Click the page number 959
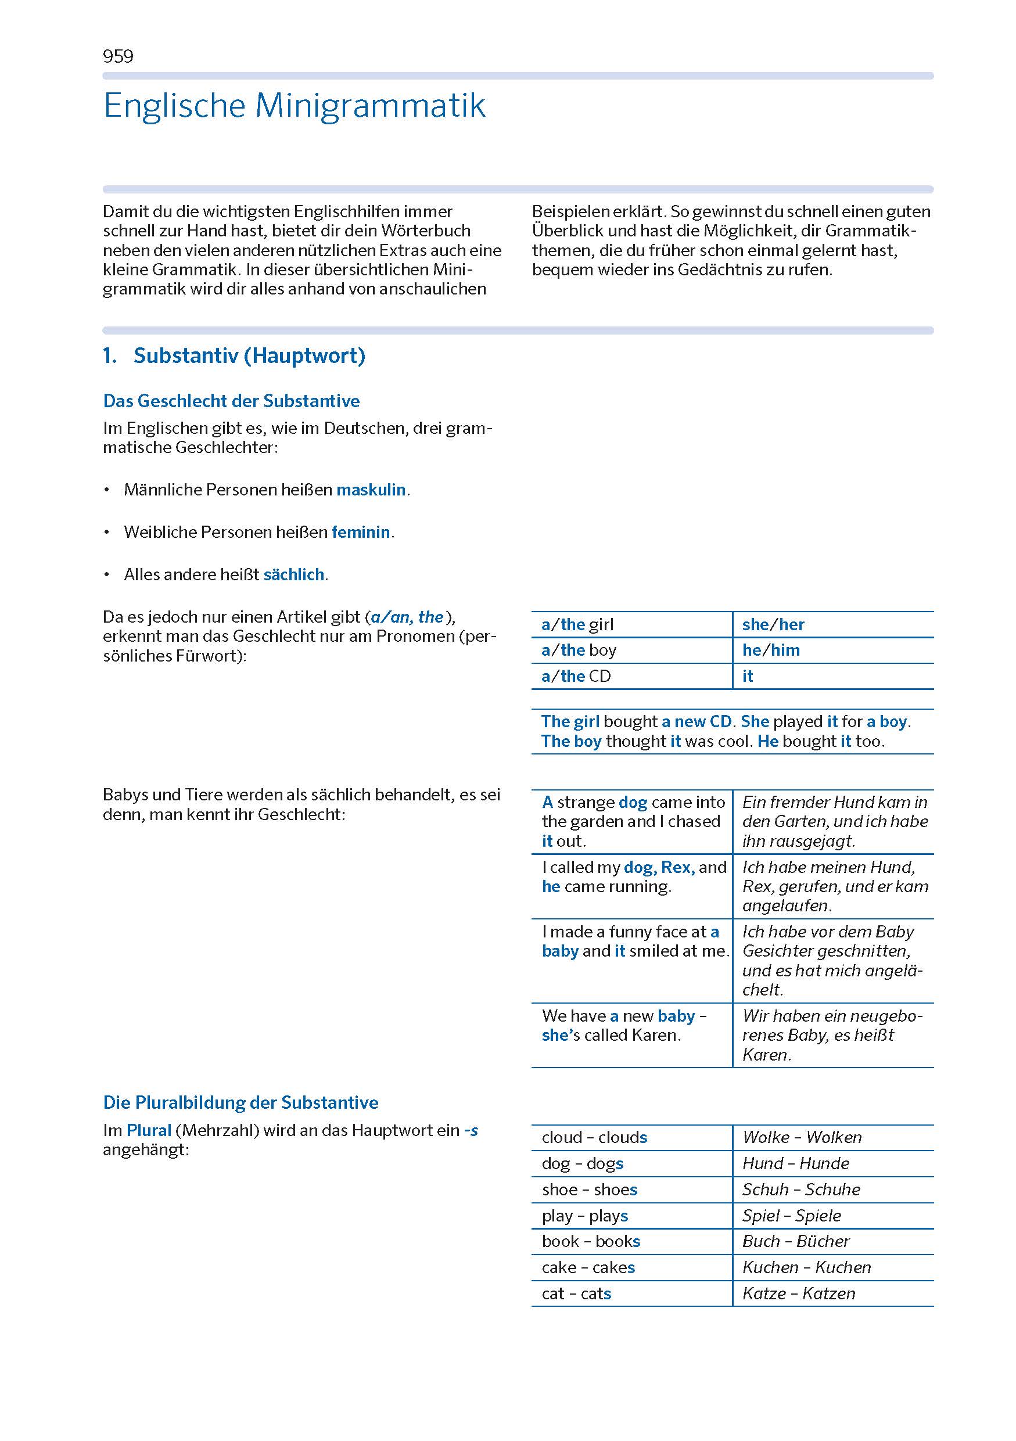point(118,56)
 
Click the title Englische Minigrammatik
point(295,106)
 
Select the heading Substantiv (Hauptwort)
point(249,355)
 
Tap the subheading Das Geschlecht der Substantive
point(231,400)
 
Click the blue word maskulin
point(371,490)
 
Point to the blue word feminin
point(361,531)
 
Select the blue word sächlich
point(294,574)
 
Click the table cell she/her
point(773,624)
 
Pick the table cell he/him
point(771,650)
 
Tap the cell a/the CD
point(576,676)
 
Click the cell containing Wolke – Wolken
point(802,1137)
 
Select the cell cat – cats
point(576,1293)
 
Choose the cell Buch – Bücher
point(795,1241)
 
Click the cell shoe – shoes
point(589,1190)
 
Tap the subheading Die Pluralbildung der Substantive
point(240,1103)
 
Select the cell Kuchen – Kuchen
point(806,1267)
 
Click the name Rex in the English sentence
point(676,867)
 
